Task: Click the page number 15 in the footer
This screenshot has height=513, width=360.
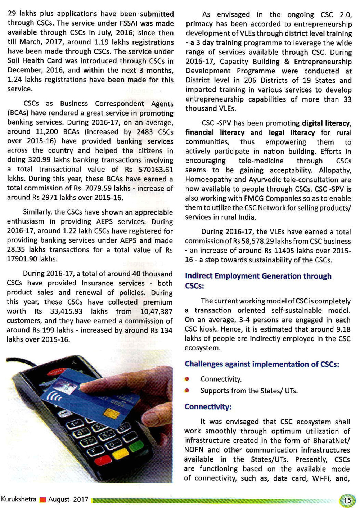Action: pyautogui.click(x=347, y=500)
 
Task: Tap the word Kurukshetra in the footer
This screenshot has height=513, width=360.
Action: pyautogui.click(x=19, y=499)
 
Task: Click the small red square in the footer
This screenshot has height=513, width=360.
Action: pyautogui.click(x=43, y=500)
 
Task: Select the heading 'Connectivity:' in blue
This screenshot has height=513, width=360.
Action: pyautogui.click(x=208, y=407)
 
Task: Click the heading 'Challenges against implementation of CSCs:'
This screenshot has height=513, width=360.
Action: pyautogui.click(x=262, y=364)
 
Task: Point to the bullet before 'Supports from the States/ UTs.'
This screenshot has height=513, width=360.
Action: pyautogui.click(x=187, y=391)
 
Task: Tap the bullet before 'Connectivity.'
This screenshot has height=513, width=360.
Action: pyautogui.click(x=187, y=379)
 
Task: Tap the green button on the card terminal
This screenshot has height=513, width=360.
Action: pyautogui.click(x=136, y=447)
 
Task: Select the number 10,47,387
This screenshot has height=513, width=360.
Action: pyautogui.click(x=156, y=311)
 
